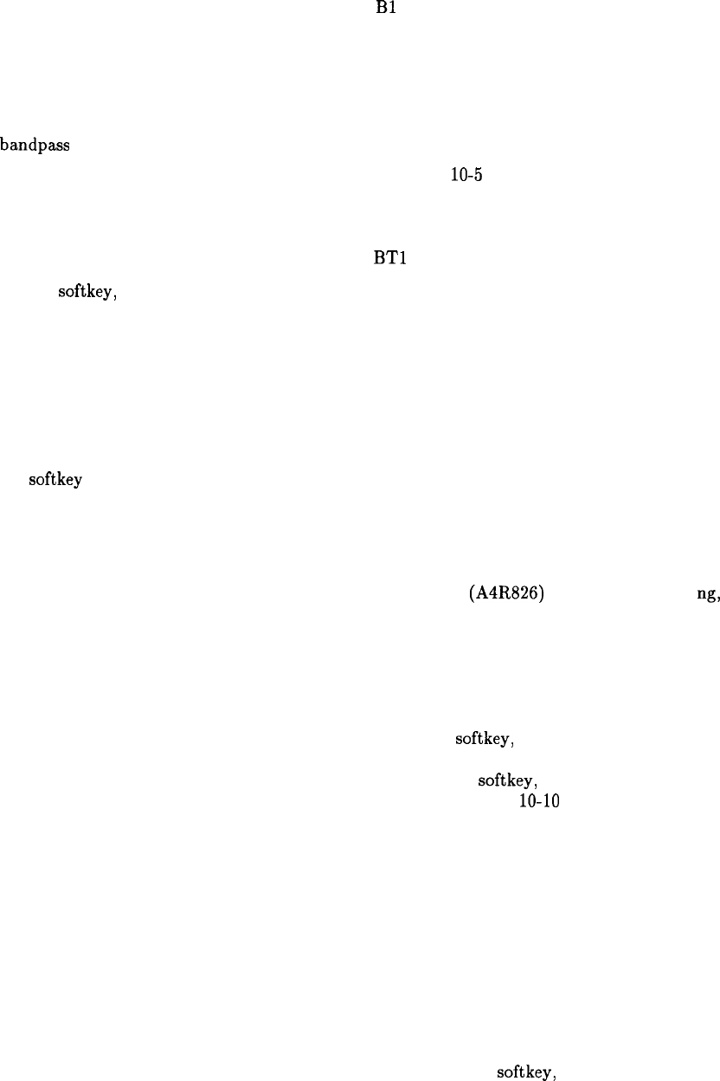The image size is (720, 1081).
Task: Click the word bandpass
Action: [x=35, y=145]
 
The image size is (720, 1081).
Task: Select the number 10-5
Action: [x=466, y=175]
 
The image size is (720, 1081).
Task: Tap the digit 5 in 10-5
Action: [x=478, y=175]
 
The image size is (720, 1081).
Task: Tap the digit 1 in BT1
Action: [x=403, y=257]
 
